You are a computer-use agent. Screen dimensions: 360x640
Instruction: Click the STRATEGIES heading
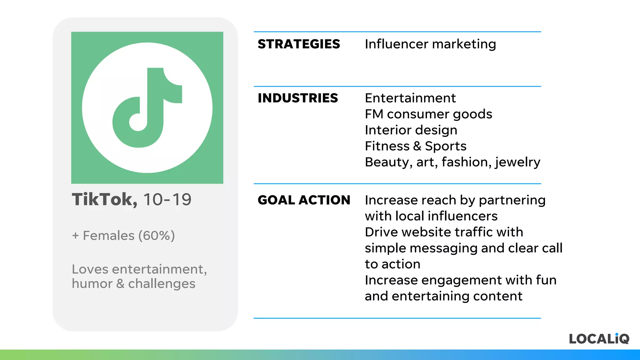coord(299,44)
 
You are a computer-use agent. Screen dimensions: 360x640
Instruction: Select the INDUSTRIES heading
coord(298,98)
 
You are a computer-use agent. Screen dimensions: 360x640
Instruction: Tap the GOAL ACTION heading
coord(304,200)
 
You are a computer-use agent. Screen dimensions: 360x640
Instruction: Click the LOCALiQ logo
coord(599,339)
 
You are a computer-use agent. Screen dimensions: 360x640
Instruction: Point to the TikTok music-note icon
coord(147,107)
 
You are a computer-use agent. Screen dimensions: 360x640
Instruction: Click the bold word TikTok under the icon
coord(104,199)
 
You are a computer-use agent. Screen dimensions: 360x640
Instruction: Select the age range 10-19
coord(167,199)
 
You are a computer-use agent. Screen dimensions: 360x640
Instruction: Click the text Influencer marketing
coord(430,44)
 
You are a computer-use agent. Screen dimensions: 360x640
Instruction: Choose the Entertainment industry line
coord(410,98)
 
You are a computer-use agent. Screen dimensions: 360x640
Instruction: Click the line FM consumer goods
coord(428,114)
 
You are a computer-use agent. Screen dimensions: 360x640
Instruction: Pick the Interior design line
coord(411,130)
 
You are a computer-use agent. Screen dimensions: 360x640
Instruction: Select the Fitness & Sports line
coord(416,146)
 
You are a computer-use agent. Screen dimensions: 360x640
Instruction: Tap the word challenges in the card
coord(162,284)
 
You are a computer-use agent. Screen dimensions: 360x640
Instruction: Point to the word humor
coord(92,284)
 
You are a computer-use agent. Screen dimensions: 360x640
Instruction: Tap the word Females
coord(108,236)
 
